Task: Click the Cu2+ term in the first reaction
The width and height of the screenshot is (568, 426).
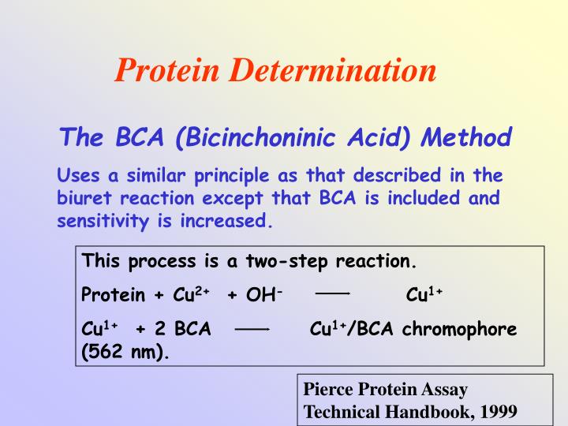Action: pos(187,294)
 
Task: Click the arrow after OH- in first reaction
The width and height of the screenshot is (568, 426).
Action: pos(332,293)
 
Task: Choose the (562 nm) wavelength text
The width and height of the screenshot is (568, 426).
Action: pos(126,352)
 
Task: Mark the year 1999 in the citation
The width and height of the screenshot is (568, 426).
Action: pos(497,412)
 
